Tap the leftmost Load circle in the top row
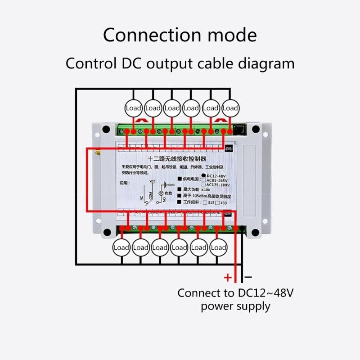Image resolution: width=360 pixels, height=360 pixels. tap(134, 108)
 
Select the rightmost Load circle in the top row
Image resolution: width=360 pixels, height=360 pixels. tap(230, 108)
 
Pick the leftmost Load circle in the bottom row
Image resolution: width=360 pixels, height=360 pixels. tap(121, 247)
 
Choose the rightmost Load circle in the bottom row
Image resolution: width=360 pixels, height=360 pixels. tap(219, 247)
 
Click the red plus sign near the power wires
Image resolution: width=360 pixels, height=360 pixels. tap(228, 277)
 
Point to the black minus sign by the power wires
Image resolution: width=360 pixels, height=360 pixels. tap(248, 277)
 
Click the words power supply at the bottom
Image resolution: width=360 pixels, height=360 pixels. tap(236, 307)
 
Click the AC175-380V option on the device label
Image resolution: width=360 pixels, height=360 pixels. tap(218, 185)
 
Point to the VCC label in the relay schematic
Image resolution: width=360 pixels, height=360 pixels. tap(152, 180)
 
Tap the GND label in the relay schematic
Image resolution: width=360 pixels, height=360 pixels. tap(170, 184)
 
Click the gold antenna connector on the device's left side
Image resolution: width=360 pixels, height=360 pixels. tap(96, 153)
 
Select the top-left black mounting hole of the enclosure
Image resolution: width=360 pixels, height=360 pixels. tap(106, 130)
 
